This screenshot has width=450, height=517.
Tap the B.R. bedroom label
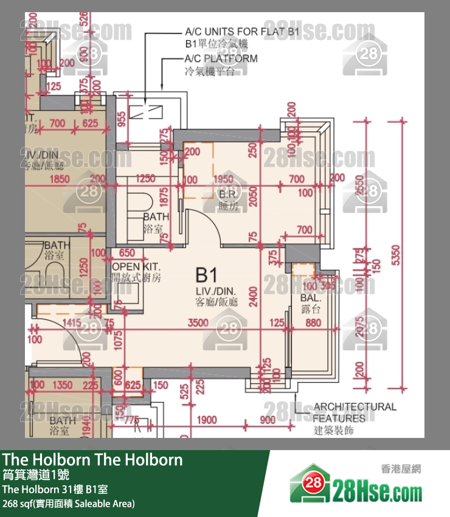(228, 195)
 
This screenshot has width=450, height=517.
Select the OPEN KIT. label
(136, 267)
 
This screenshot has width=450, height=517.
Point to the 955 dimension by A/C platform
(122, 119)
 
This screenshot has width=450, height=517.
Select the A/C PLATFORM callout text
(221, 59)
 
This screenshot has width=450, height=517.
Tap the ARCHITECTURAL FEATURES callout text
(354, 412)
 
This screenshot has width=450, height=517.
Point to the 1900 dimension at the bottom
(207, 420)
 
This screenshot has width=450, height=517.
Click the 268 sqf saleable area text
(69, 504)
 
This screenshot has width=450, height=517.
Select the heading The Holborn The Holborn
(92, 459)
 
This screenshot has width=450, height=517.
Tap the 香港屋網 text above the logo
(401, 469)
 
